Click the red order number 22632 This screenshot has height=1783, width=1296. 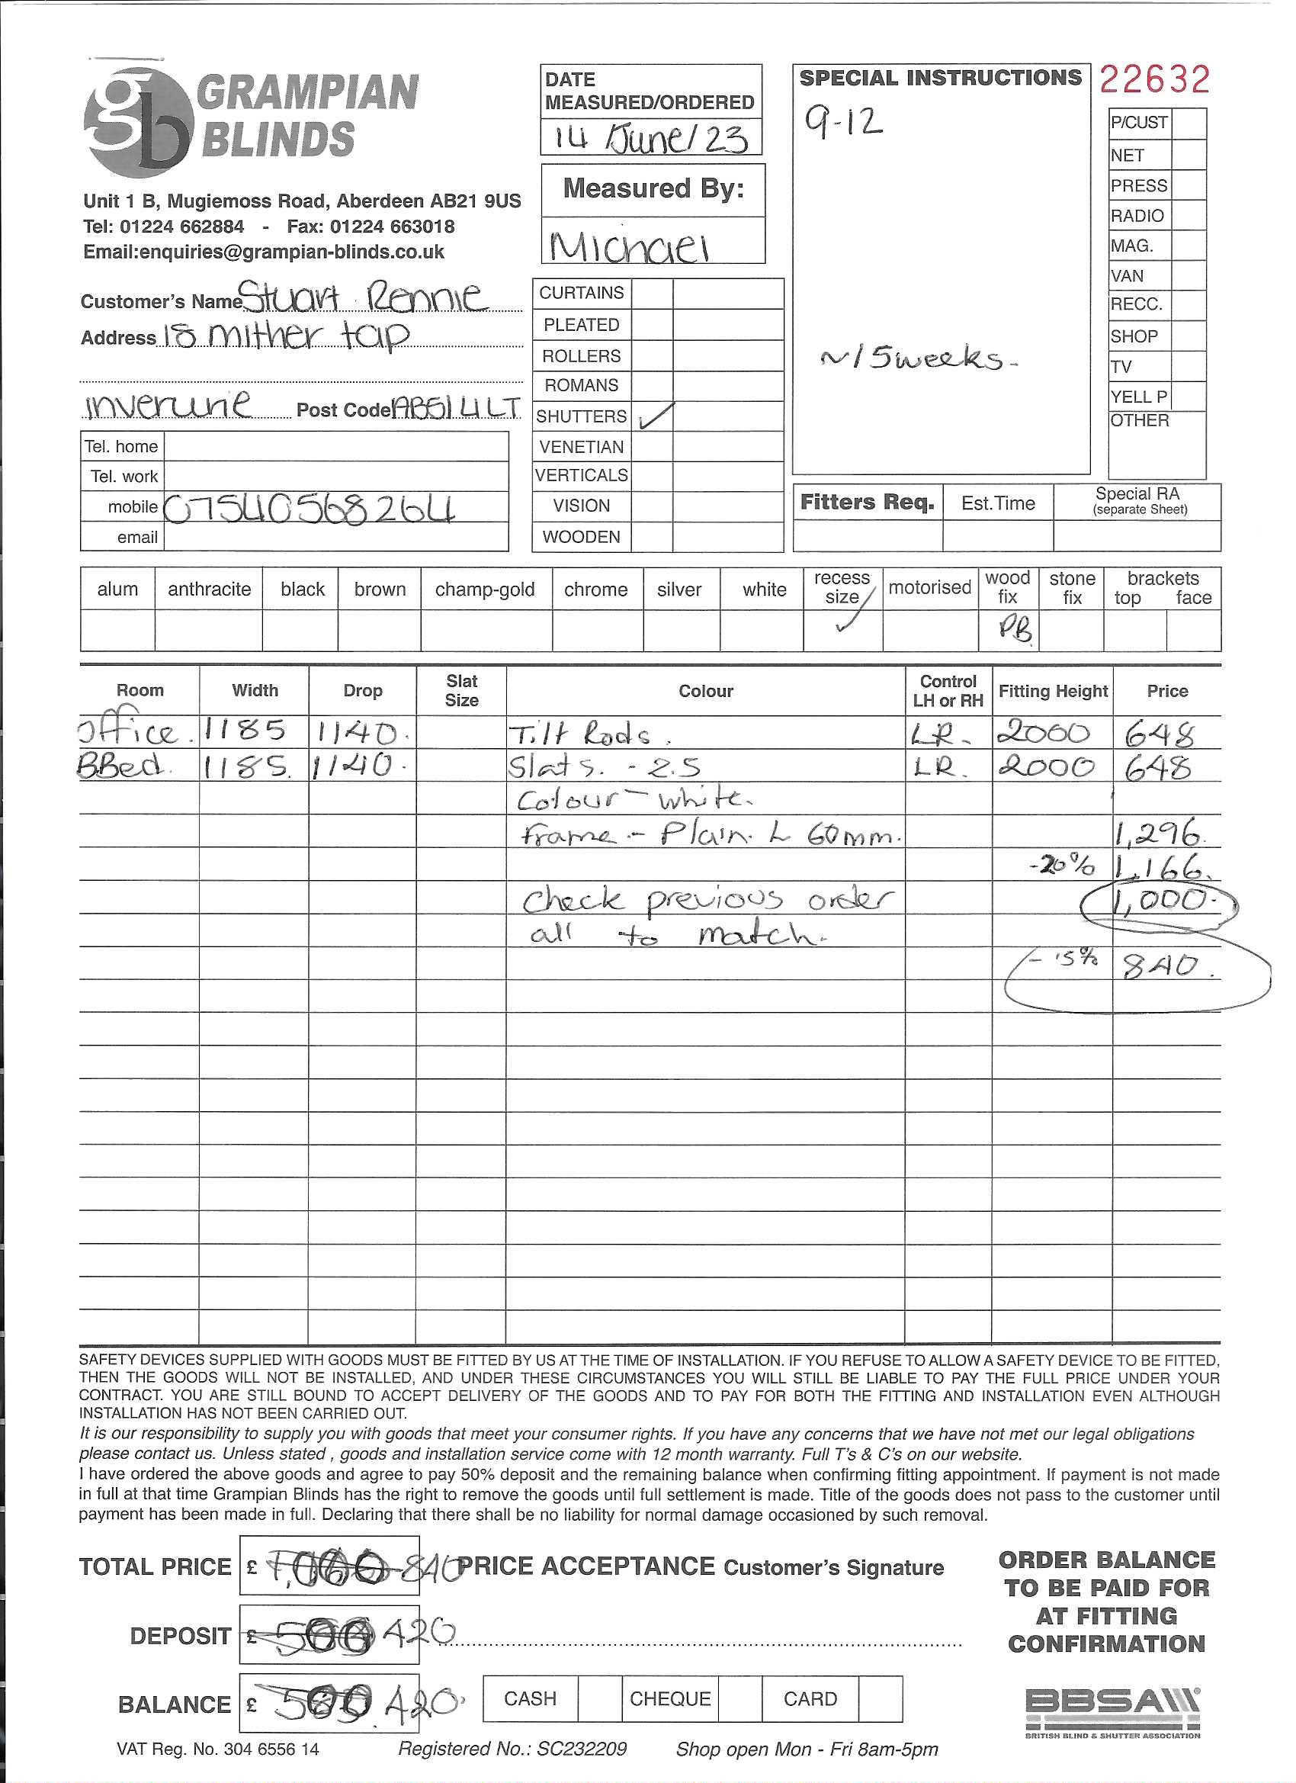pos(1153,80)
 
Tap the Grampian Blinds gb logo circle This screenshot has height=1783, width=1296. pos(139,123)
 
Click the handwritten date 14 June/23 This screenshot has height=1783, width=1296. pos(651,138)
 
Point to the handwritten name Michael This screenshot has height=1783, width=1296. pos(630,247)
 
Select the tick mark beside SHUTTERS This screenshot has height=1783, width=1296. pos(656,416)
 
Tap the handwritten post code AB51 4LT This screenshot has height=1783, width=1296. pos(456,407)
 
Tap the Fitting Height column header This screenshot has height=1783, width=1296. pos(1052,691)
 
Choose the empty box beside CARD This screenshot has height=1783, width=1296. pos(881,1699)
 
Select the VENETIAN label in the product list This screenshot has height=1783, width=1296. pos(581,447)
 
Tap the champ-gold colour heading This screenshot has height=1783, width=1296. pos(484,590)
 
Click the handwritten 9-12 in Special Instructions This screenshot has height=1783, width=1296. pos(842,123)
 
